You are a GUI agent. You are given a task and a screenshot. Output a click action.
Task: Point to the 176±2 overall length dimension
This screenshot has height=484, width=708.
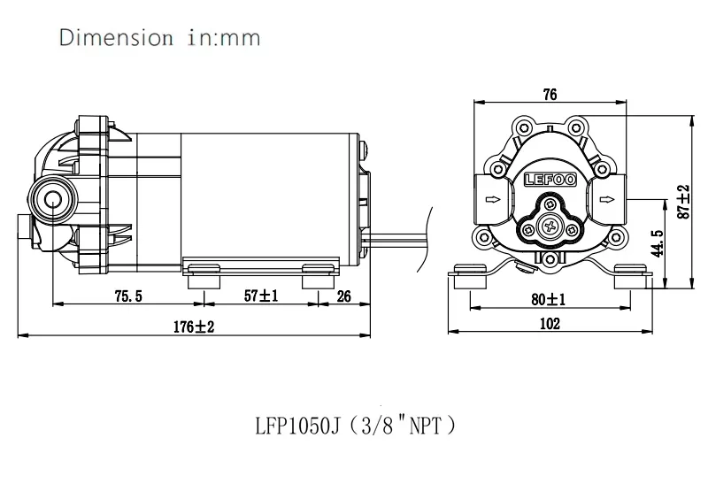pyautogui.click(x=194, y=327)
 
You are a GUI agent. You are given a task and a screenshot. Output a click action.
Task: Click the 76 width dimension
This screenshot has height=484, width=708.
pyautogui.click(x=550, y=96)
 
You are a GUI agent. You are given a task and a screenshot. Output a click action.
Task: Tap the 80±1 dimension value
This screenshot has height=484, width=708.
pyautogui.click(x=549, y=299)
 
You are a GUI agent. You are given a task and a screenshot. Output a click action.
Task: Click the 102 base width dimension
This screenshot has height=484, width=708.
pyautogui.click(x=549, y=324)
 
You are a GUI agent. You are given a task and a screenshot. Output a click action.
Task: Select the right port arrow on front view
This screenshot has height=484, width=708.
pyautogui.click(x=605, y=200)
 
